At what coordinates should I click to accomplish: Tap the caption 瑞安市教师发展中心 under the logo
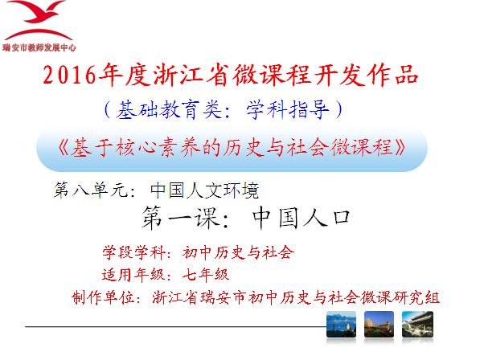[39, 47]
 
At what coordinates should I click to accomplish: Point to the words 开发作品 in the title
[367, 75]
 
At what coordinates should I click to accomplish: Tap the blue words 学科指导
[288, 110]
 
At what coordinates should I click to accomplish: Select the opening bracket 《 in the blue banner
[64, 148]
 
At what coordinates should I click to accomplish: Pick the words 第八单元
[91, 190]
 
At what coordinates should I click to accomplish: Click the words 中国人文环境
[204, 190]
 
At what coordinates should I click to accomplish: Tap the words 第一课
[180, 218]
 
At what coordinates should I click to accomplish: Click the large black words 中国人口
[302, 218]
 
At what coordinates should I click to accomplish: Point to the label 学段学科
[133, 252]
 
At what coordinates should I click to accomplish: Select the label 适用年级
[133, 274]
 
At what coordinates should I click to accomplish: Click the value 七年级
[206, 274]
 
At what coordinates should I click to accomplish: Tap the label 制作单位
[103, 297]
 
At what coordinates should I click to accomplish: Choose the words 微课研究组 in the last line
[400, 297]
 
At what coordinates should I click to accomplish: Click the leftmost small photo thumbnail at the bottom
[341, 324]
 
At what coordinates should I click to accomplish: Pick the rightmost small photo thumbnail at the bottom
[417, 324]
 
